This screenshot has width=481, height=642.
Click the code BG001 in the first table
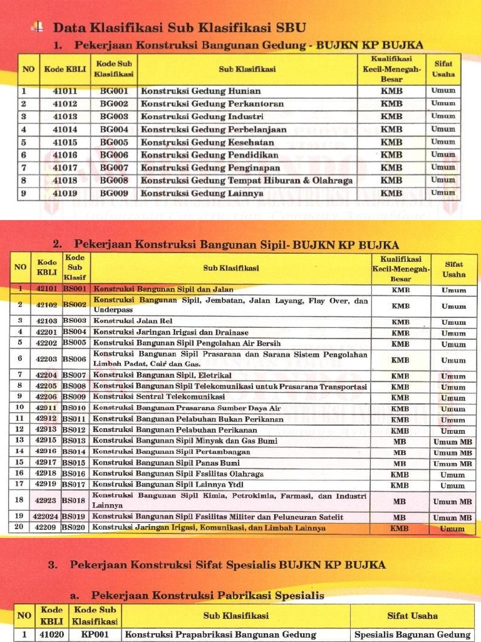point(113,90)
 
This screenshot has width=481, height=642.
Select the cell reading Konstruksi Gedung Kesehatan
point(199,142)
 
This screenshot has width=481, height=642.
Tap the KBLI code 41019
point(65,193)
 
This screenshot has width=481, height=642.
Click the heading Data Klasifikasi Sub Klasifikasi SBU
point(179,28)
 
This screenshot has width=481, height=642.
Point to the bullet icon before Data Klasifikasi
point(38,27)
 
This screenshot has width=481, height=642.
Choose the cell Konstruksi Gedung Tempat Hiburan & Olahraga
point(246,181)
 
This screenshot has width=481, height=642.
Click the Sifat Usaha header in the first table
point(443,69)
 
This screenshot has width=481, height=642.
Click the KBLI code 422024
point(46,517)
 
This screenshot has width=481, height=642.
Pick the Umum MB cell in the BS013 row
point(453,442)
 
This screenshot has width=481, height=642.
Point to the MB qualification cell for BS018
point(400,502)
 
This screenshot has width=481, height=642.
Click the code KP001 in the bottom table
point(95,634)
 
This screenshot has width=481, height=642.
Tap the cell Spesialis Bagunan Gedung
point(411,634)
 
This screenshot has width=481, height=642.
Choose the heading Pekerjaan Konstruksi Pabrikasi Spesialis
point(207,595)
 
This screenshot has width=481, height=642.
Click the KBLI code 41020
point(52,634)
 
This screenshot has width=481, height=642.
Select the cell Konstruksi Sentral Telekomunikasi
point(159,397)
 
